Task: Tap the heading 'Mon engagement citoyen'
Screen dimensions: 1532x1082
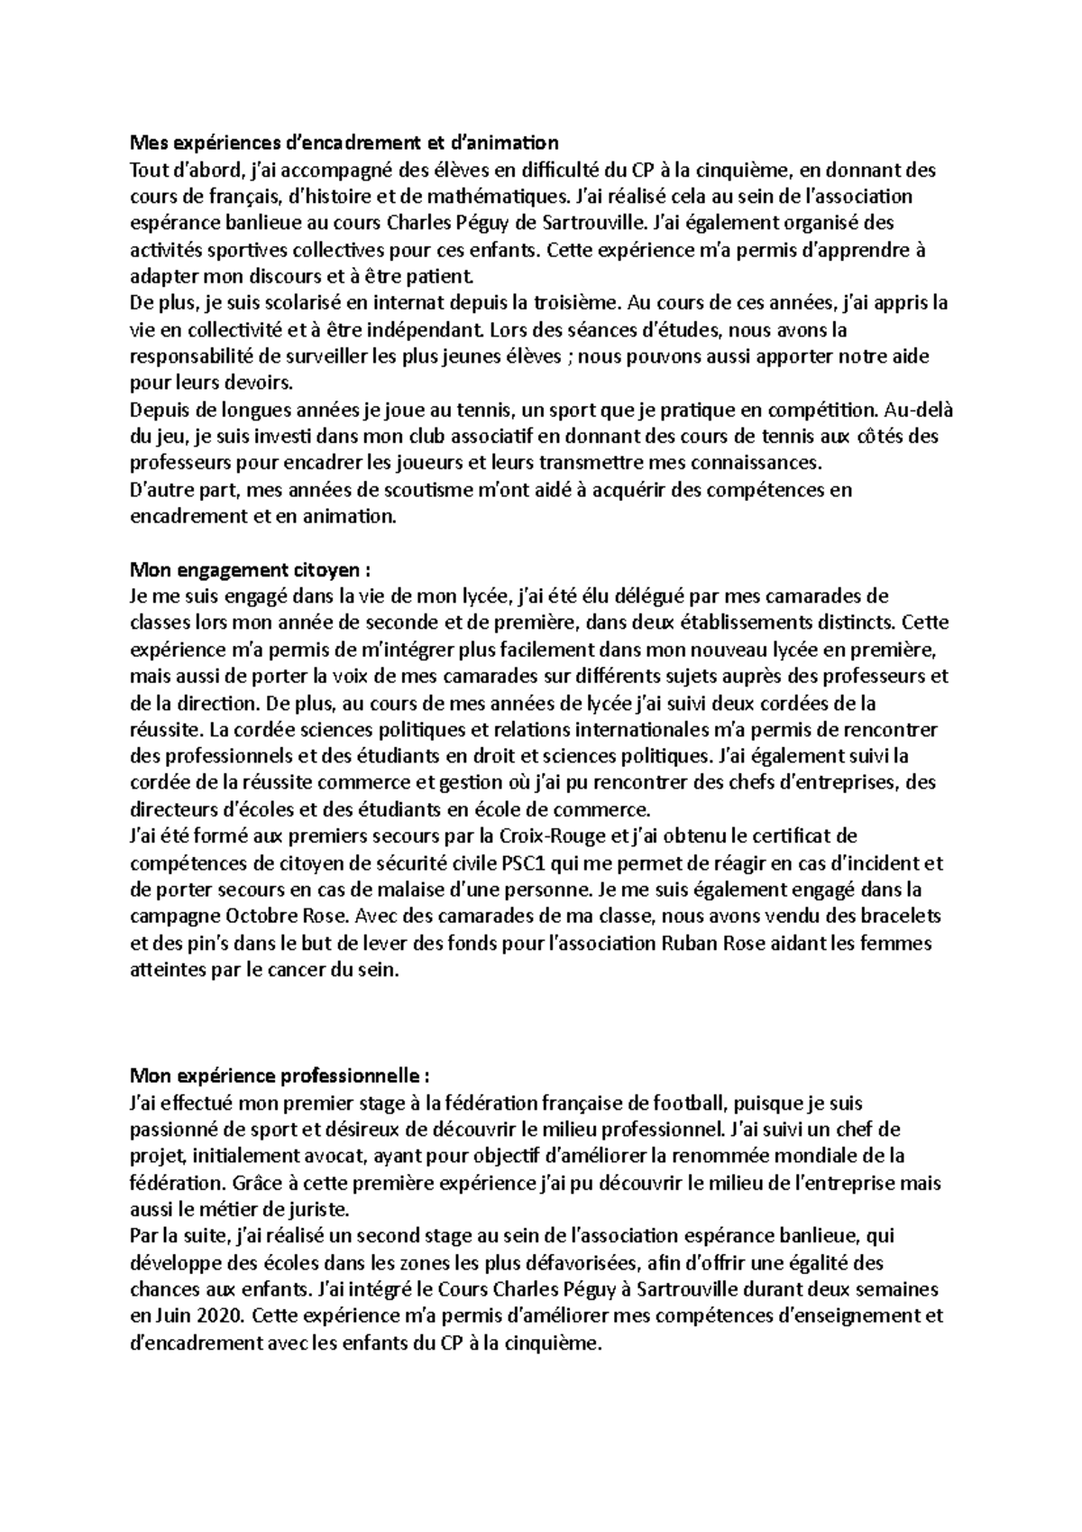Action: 251,569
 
